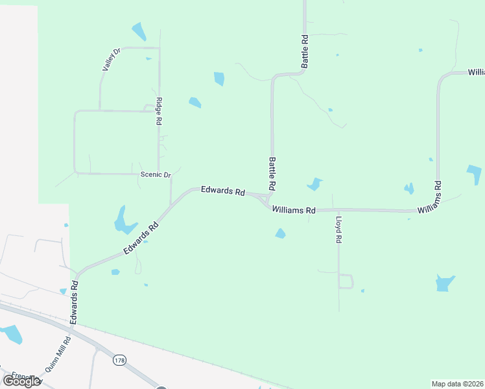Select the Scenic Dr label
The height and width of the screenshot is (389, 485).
click(156, 175)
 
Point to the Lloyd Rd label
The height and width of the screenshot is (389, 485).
click(338, 231)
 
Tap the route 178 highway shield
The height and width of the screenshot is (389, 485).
click(119, 360)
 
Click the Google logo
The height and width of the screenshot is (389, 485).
click(21, 381)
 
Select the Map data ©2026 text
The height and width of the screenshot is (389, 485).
click(458, 384)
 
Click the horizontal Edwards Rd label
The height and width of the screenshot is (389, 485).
click(222, 191)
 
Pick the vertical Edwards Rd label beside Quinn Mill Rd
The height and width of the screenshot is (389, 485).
click(75, 301)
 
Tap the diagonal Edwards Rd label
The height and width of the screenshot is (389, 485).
click(142, 239)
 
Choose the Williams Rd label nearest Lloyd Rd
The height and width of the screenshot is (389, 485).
click(294, 210)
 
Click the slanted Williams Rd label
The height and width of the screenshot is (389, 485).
click(430, 198)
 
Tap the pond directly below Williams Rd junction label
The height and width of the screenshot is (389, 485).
click(280, 233)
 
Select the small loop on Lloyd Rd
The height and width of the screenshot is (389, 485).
click(346, 281)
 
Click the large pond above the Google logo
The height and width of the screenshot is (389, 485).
click(11, 334)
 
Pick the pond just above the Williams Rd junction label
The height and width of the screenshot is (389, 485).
click(315, 184)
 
